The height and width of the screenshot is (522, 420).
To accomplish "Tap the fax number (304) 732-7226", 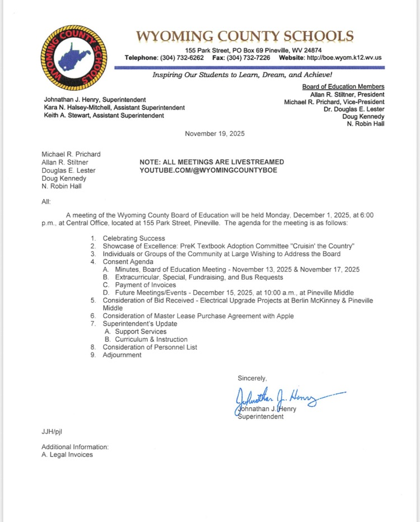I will click(249, 58).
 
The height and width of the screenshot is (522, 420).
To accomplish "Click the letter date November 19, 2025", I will click(214, 134).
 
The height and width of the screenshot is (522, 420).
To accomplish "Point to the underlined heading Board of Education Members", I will click(343, 87).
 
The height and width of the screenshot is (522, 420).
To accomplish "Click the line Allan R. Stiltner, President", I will click(347, 95).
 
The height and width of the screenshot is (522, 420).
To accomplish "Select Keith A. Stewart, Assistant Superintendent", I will click(104, 116).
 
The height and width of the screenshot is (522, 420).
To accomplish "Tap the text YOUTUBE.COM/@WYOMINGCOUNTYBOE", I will click(208, 170).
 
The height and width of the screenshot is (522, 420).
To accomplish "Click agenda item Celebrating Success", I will click(134, 238).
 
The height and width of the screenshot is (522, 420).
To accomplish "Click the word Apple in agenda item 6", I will click(284, 316).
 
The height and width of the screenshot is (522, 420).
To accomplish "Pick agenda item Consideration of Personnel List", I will click(150, 347).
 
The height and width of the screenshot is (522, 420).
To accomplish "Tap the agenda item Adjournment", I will click(122, 355).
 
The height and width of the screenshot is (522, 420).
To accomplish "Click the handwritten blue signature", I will click(286, 398).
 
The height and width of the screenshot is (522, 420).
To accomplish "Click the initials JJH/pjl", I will click(52, 431).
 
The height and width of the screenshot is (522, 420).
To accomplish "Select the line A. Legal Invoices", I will click(67, 454).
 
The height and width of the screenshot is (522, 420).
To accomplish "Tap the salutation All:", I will click(46, 201).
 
